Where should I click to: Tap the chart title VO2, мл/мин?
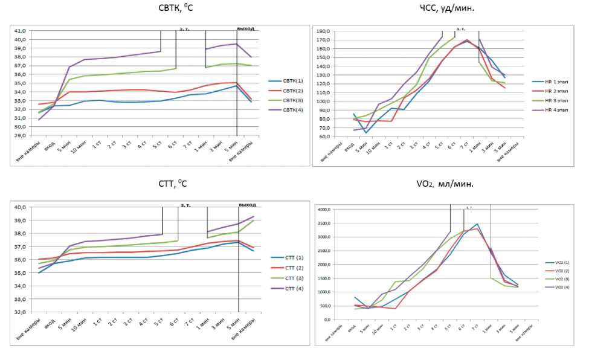click(x=446, y=184)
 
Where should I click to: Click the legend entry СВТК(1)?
click(x=292, y=81)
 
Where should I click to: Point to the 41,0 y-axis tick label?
click(x=21, y=31)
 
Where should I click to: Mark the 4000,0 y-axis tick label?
click(x=324, y=209)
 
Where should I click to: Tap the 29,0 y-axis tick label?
click(x=21, y=136)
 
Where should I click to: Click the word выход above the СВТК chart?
click(x=245, y=28)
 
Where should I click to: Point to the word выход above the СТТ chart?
click(x=247, y=205)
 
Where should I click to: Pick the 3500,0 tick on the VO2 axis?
click(x=324, y=223)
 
